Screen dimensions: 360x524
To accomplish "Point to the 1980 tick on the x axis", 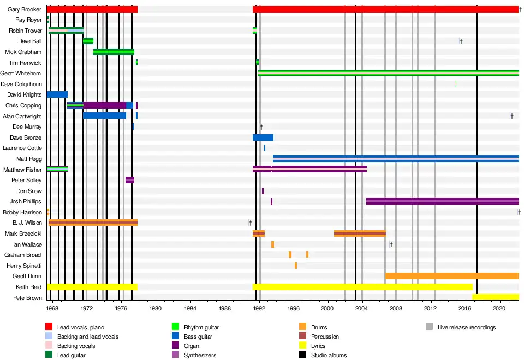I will click(x=156, y=308).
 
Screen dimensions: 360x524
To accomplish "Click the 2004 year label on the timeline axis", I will click(x=362, y=308).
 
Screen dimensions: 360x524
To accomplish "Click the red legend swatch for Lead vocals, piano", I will click(x=49, y=327).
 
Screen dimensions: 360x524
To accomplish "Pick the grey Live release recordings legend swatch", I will click(x=429, y=327).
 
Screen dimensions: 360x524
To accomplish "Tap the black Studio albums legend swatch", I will click(x=303, y=355).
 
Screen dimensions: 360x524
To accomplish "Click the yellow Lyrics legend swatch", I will click(x=303, y=346).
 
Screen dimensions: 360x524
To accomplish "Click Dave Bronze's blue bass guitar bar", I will click(x=263, y=137).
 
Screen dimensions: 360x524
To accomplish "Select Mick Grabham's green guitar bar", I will click(x=114, y=52).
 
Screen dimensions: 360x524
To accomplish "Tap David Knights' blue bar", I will click(x=57, y=94).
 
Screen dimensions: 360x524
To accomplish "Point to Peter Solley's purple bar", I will click(x=130, y=180).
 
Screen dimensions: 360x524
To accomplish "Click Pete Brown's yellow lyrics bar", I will click(x=496, y=297).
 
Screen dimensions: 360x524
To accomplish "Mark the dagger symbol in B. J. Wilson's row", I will click(x=250, y=223).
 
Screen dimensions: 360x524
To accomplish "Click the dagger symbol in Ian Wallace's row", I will click(x=391, y=244).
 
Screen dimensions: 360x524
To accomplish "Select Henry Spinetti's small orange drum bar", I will click(x=296, y=266).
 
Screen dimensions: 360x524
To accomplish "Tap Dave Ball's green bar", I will click(x=88, y=41).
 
